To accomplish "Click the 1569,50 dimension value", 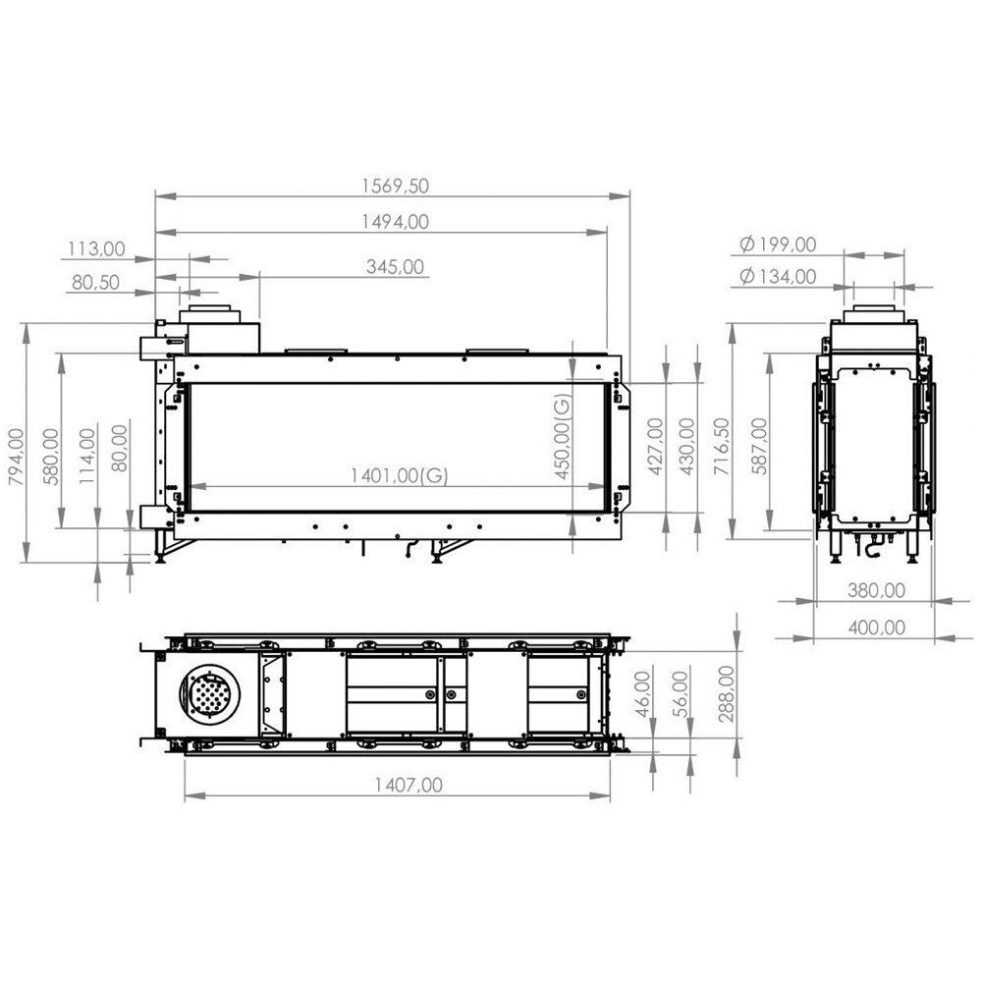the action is coord(395,186).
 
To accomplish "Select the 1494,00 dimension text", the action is coord(395,222).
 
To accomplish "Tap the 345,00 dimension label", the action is coord(395,267).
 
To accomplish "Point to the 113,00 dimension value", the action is coord(96,249).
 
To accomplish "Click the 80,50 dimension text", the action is coord(95,283).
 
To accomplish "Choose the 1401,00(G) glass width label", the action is coord(399,476).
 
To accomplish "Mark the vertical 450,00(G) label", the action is coord(563,436).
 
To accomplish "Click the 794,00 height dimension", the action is coord(17,457).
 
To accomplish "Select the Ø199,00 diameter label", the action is coord(778,245).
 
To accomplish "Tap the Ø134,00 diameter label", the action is coord(778,276).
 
